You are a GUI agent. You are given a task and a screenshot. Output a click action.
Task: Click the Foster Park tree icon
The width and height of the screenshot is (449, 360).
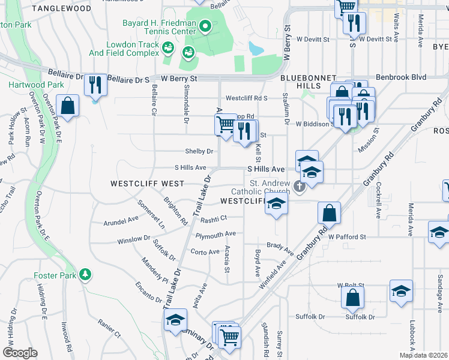click(x=86, y=274)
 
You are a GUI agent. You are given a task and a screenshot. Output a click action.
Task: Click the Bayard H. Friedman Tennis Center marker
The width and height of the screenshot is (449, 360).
click(x=205, y=26)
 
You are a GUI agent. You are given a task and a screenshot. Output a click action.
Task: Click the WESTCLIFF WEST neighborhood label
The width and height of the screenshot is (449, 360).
click(x=139, y=182)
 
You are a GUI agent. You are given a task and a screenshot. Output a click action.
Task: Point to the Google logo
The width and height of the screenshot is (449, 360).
click(x=20, y=353)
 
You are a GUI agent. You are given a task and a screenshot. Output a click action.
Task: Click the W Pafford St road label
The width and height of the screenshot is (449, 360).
click(x=347, y=238)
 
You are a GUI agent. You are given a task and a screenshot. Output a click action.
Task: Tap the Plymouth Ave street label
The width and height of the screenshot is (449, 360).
click(x=215, y=234)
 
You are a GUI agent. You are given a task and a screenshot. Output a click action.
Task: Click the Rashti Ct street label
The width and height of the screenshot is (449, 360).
click(x=214, y=219)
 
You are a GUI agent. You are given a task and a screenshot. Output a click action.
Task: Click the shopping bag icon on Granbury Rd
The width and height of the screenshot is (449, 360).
click(x=329, y=212)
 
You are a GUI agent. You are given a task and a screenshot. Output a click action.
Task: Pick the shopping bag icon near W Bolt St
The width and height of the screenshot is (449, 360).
click(x=352, y=297)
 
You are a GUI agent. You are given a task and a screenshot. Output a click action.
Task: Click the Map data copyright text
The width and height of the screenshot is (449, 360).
click(x=423, y=355)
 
